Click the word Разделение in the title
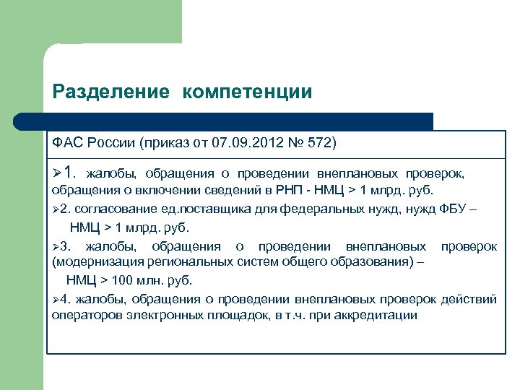coord(110,92)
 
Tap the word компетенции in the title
coord(247,92)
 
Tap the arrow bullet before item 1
coord(56,174)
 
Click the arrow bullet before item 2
coord(56,209)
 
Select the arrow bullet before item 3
coord(56,246)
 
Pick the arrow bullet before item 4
coord(56,299)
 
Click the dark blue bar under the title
coord(238,121)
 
